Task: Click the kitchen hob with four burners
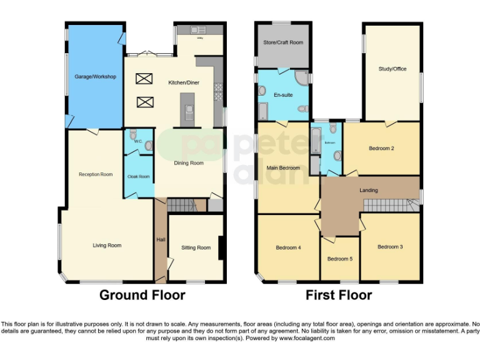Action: click(219, 92)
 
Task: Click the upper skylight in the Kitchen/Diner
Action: click(144, 79)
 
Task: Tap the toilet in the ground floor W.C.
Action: click(147, 146)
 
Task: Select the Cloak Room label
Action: click(139, 177)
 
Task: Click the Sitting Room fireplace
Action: click(220, 246)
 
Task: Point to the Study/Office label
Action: click(392, 69)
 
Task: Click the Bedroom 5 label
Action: click(340, 259)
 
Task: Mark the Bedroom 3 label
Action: click(390, 247)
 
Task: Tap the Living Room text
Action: click(107, 246)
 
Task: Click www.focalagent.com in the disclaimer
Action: click(307, 338)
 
